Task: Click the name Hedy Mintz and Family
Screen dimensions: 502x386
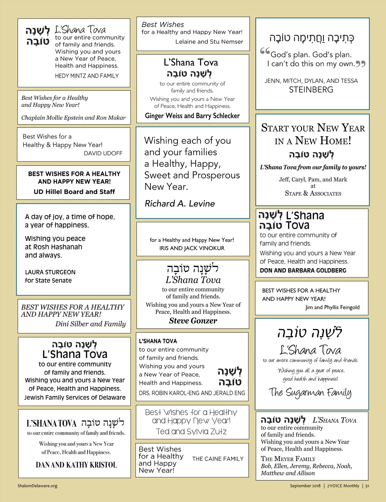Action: [87, 76]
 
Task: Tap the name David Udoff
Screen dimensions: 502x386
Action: [103, 153]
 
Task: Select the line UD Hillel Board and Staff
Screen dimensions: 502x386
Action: [74, 192]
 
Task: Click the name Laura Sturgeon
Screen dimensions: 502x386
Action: [50, 272]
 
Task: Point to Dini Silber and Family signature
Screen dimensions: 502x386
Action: [90, 324]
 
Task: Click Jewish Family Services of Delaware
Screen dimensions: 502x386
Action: [75, 398]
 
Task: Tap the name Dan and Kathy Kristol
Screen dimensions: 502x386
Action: [76, 465]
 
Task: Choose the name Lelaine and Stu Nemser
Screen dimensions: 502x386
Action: [209, 42]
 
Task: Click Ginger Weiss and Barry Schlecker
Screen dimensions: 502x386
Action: [192, 116]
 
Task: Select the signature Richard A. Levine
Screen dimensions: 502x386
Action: [179, 204]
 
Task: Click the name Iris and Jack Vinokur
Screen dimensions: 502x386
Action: [192, 248]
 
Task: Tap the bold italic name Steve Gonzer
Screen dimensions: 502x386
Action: [193, 321]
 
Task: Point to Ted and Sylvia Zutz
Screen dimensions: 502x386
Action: [191, 431]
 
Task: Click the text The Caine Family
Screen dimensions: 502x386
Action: [218, 459]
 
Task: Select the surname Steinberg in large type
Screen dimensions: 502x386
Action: [311, 90]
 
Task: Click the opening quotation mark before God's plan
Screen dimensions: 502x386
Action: [265, 51]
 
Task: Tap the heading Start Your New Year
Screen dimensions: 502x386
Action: [313, 128]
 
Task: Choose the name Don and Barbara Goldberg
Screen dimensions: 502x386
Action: [303, 270]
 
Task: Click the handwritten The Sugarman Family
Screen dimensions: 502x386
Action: [310, 392]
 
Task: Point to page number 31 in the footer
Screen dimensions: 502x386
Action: [367, 486]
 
